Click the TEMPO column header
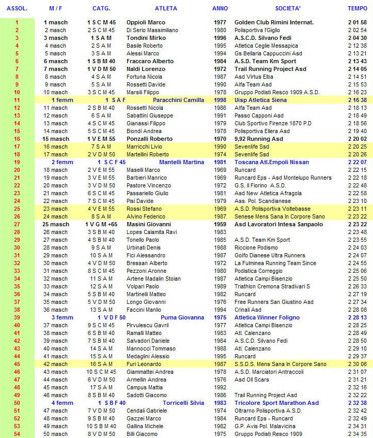357,9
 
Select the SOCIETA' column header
288,9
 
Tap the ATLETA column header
166,9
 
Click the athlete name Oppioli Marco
146,23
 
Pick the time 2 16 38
357,100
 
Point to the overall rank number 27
17,224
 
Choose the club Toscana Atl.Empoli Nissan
272,162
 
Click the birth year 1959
220,224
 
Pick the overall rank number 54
17,434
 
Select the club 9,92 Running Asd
259,139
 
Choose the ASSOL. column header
17,9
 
